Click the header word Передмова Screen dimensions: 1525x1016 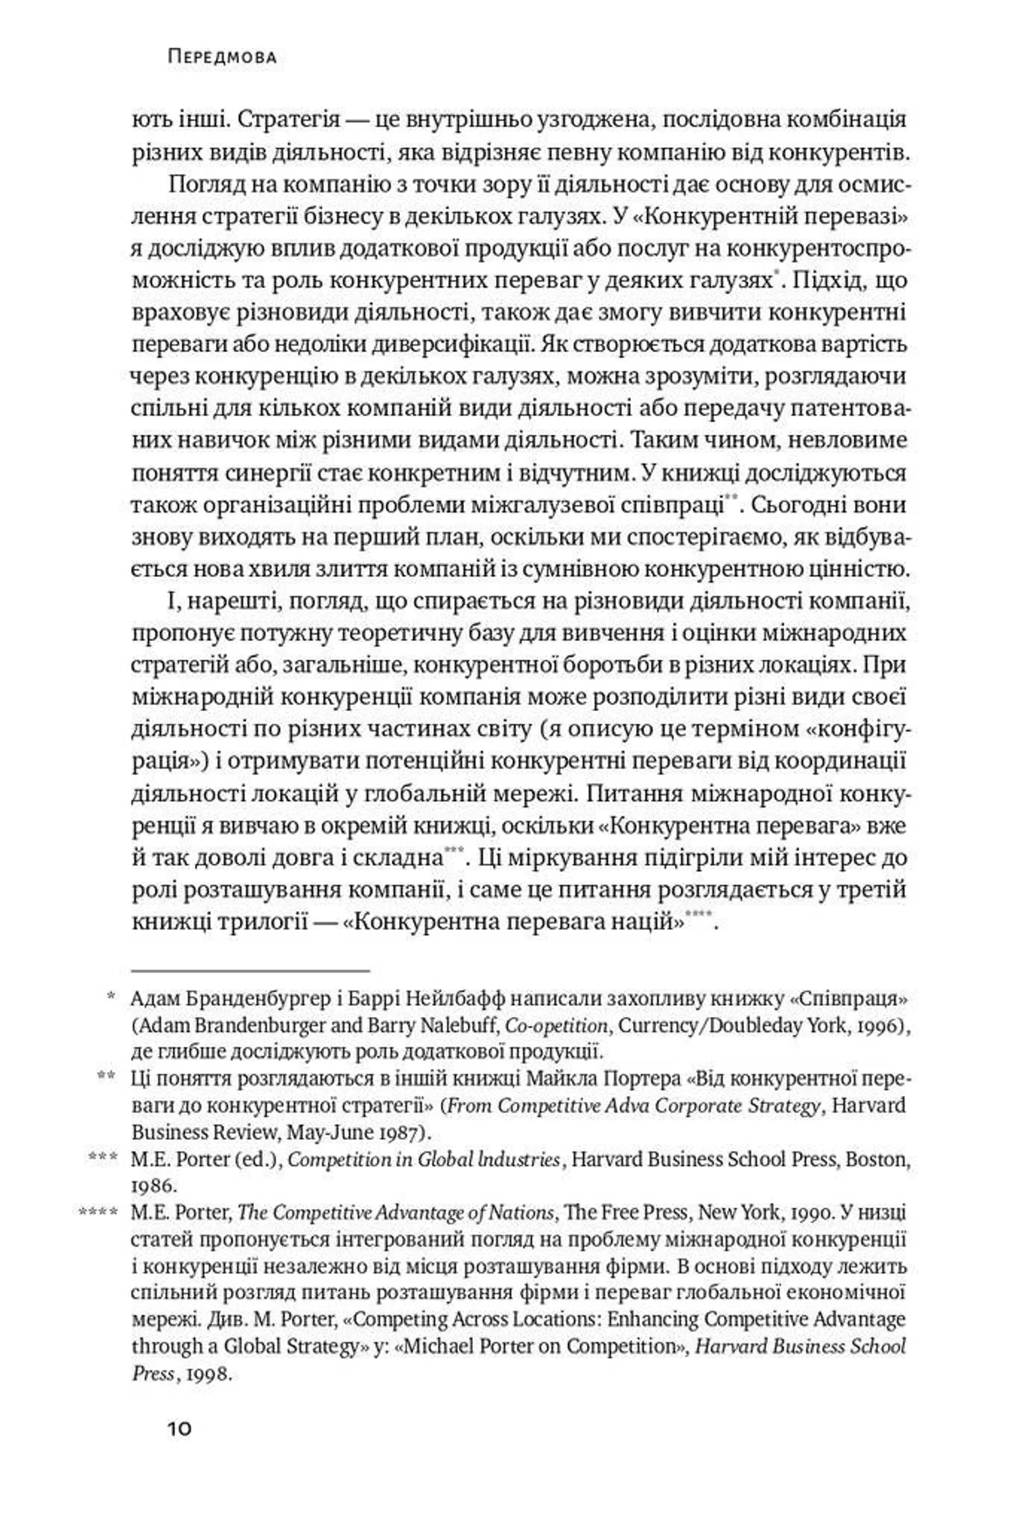(x=222, y=58)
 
